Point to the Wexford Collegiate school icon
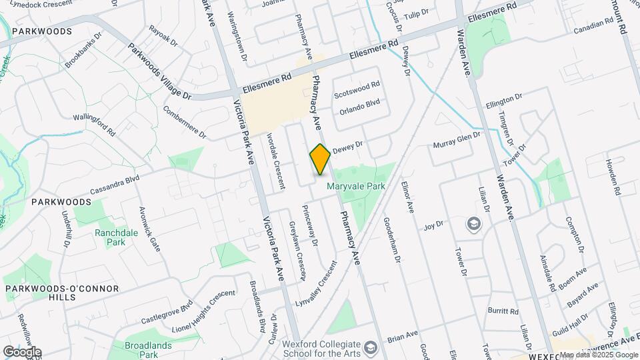click(372, 347)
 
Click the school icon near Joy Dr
click(474, 223)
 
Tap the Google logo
click(22, 351)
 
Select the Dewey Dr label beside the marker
click(347, 145)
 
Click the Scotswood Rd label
click(357, 86)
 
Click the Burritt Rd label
click(503, 311)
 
